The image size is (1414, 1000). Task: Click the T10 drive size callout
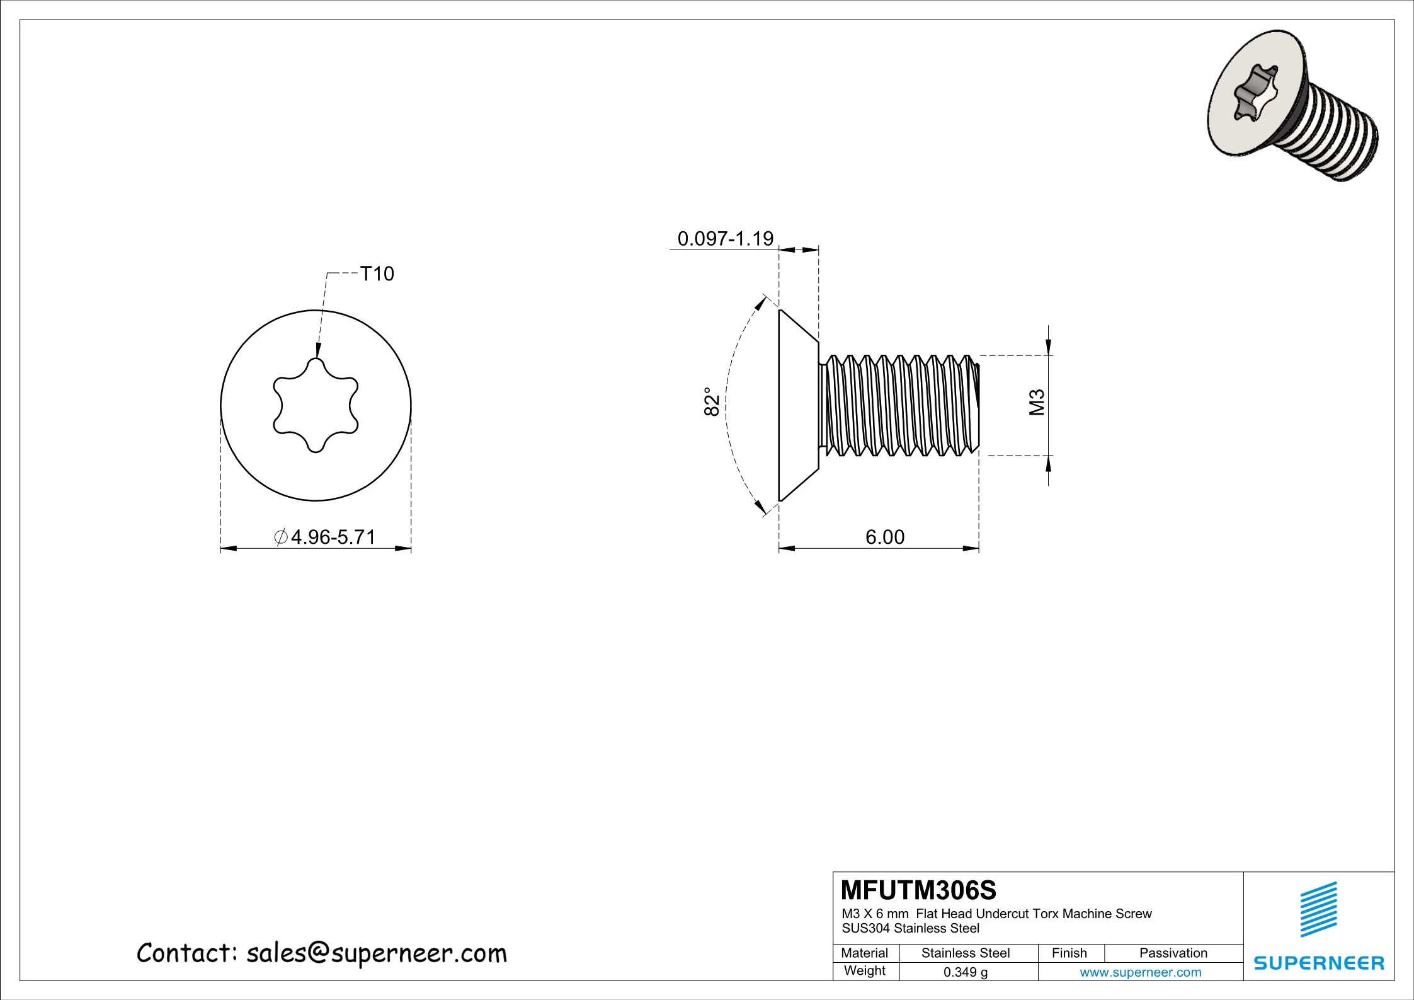coord(377,273)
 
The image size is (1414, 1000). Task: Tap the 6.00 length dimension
coord(884,537)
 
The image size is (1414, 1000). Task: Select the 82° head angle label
coord(711,401)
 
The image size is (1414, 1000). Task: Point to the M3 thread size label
coord(1036,403)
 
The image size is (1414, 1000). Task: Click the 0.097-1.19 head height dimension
coord(725,238)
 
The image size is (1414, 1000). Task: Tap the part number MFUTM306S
coord(918,890)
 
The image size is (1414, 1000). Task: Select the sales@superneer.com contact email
coord(376,953)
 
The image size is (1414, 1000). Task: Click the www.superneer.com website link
coord(1140,972)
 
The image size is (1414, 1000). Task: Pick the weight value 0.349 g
coord(965,972)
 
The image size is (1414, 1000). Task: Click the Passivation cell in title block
coord(1173,953)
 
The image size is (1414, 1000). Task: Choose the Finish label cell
coord(1069,953)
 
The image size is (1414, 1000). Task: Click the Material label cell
coord(864,953)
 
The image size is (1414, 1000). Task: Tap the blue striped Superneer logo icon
coord(1318,909)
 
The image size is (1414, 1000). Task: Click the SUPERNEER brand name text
coord(1318,963)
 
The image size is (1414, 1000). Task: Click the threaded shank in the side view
coord(901,405)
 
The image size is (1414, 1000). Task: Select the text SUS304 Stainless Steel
coord(910,928)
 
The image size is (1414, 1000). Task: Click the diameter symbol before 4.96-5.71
coord(281,537)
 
